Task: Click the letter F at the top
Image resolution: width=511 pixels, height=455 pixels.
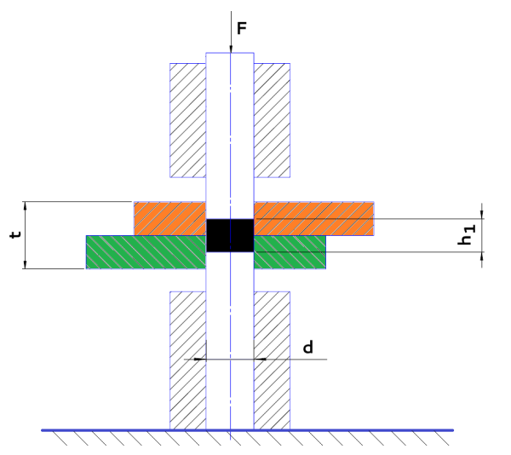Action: [241, 29]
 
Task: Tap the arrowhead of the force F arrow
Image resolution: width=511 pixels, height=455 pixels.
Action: [231, 46]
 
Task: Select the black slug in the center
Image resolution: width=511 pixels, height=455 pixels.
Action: [230, 235]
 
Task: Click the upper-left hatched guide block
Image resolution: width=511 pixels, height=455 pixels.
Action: [188, 120]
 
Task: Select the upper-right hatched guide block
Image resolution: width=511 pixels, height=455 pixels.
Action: [273, 120]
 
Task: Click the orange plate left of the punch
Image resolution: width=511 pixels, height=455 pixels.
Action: [170, 218]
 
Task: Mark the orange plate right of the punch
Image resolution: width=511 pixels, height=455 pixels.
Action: [314, 218]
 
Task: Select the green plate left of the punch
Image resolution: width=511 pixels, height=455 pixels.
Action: [146, 252]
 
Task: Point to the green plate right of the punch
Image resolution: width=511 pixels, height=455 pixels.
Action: [290, 252]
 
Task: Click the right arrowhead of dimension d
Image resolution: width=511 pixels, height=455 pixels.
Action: [261, 359]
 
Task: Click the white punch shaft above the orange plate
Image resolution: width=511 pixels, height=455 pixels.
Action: [230, 128]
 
